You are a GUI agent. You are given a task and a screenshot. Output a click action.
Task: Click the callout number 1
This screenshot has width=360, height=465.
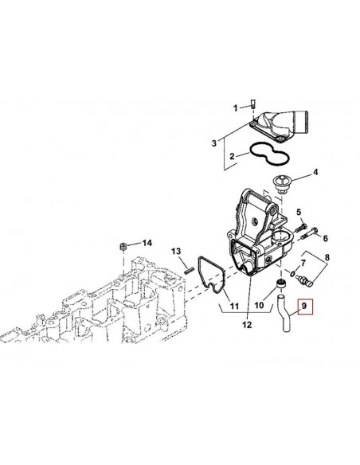(236, 108)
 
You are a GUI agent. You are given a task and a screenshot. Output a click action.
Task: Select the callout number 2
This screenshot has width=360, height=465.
(232, 156)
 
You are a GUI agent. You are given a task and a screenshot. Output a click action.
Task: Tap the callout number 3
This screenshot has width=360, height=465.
(214, 143)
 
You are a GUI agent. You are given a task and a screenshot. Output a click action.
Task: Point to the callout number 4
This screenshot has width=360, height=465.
(315, 172)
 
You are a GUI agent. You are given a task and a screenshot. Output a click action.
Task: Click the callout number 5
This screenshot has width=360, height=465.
(299, 212)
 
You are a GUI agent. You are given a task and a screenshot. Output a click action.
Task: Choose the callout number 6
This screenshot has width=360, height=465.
(325, 238)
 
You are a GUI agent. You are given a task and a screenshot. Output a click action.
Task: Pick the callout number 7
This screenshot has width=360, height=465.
(303, 263)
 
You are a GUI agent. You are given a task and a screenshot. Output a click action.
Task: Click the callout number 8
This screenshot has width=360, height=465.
(327, 257)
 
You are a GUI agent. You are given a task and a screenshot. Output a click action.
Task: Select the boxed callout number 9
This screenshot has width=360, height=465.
(304, 305)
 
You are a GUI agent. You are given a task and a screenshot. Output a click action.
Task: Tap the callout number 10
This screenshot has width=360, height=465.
(259, 305)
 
